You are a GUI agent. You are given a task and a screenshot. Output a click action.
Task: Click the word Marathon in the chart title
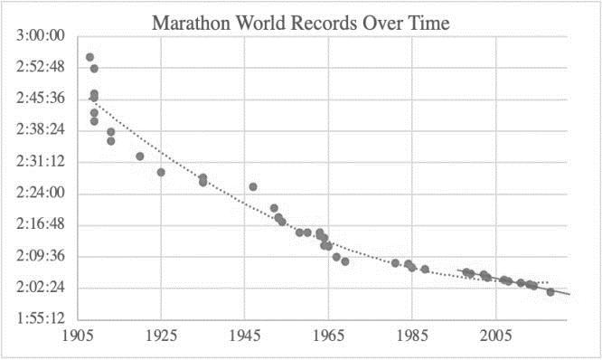click(192, 23)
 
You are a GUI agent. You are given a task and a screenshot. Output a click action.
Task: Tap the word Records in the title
click(324, 23)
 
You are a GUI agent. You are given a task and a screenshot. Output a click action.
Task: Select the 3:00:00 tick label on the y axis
click(41, 35)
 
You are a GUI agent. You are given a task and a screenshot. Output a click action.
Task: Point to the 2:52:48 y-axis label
click(41, 67)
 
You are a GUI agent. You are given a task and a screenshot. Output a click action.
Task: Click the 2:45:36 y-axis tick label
click(41, 99)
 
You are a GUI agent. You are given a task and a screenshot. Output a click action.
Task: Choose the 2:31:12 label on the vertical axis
click(41, 161)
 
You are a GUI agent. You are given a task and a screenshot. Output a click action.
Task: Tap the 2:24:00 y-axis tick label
click(41, 193)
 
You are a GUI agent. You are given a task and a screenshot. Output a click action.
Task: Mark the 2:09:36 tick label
click(41, 255)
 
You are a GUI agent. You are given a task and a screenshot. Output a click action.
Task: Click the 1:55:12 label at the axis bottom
click(41, 318)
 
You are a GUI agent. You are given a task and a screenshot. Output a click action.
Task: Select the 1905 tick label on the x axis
click(78, 336)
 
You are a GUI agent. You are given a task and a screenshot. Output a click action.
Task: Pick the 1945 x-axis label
click(245, 336)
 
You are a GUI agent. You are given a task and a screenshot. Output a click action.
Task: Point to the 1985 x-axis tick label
click(412, 336)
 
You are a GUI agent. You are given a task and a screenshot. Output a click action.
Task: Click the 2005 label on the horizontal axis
click(495, 336)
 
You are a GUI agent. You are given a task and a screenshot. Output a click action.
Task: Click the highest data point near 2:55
click(89, 57)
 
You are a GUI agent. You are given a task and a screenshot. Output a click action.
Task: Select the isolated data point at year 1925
click(161, 173)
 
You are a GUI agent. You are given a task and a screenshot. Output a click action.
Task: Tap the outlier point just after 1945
click(253, 187)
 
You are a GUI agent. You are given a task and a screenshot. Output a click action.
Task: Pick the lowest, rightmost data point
click(550, 292)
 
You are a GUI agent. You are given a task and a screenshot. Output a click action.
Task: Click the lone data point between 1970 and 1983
click(395, 263)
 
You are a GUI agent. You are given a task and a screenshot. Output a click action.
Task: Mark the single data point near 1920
click(140, 156)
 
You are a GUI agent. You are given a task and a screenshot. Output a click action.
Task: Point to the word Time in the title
click(429, 23)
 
